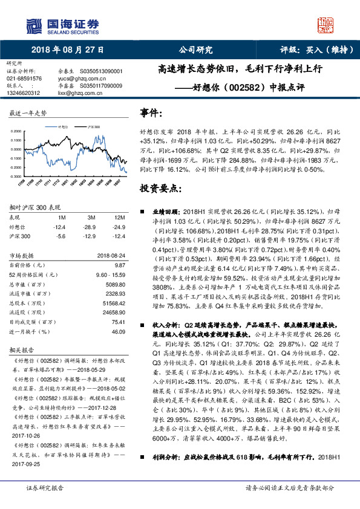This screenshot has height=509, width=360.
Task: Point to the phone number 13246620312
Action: (x=24, y=92)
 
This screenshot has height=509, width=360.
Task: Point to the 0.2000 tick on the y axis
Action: (x=16, y=131)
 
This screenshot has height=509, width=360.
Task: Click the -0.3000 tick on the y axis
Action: (x=16, y=176)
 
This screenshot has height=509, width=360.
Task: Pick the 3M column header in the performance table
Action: (x=91, y=216)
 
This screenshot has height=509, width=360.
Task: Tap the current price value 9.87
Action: (x=119, y=265)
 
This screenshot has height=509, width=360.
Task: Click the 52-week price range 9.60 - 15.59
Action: (x=110, y=274)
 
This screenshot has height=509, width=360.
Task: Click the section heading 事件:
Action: (x=151, y=112)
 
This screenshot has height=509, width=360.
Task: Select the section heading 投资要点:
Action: (x=160, y=189)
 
